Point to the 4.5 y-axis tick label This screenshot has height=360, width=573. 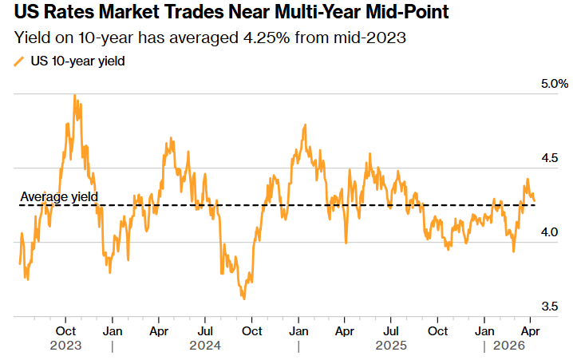[x=548, y=158]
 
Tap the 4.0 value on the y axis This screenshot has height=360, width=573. [x=548, y=232]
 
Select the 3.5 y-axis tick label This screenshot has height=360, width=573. [x=548, y=307]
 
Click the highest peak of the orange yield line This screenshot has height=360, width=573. [x=74, y=95]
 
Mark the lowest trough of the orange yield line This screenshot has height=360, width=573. [x=243, y=299]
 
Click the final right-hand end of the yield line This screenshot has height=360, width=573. [x=534, y=200]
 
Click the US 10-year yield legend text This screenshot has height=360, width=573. [x=78, y=61]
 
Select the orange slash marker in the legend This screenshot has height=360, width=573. [x=19, y=61]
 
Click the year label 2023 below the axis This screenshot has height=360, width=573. [x=65, y=346]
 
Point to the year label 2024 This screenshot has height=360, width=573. [x=205, y=346]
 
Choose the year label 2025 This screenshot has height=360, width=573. [x=391, y=346]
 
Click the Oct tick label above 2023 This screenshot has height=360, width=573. [x=65, y=330]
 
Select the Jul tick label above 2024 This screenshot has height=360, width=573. [x=205, y=330]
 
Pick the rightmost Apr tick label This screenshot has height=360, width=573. [x=530, y=330]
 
